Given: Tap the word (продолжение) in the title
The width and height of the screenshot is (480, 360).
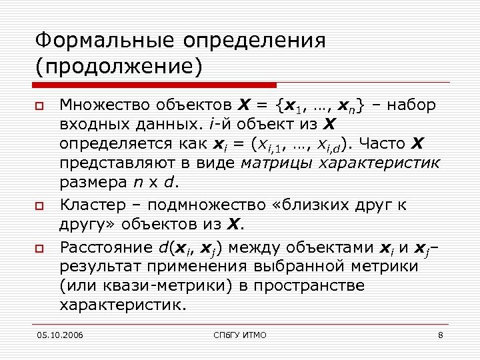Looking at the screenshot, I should pyautogui.click(x=119, y=67).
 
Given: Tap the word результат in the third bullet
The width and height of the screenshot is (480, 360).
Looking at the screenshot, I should pyautogui.click(x=99, y=267).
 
